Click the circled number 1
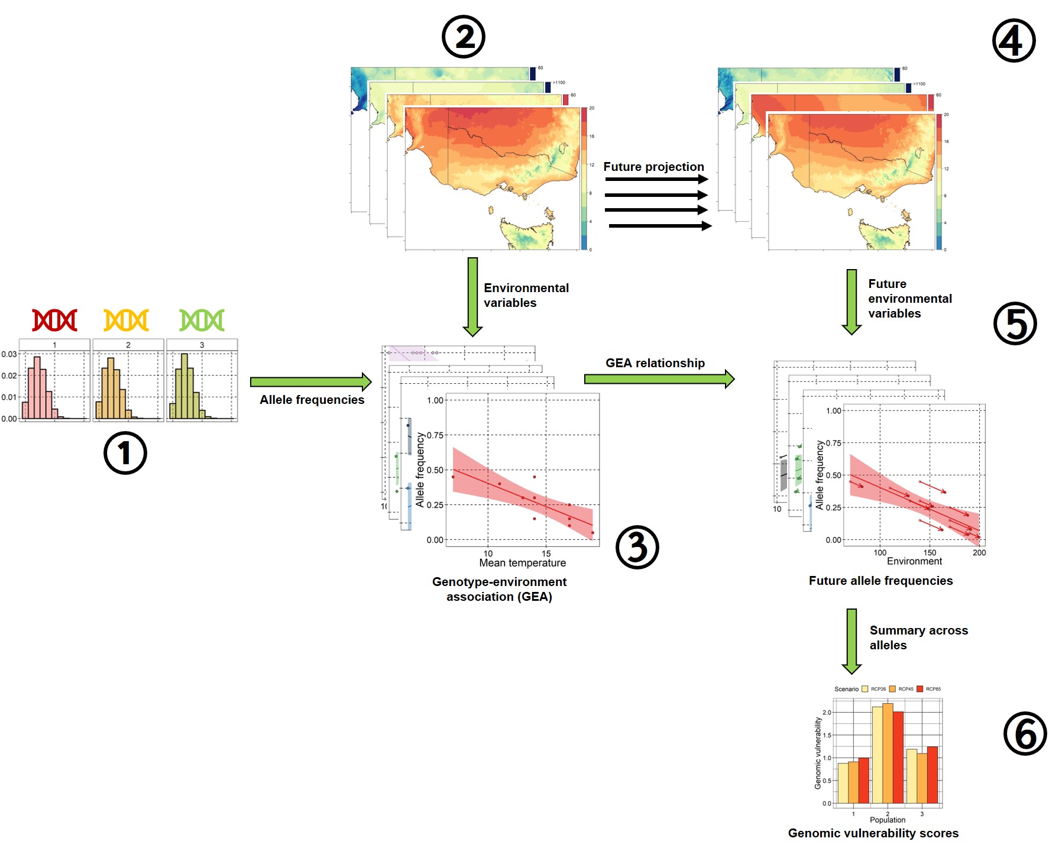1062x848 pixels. [x=125, y=453]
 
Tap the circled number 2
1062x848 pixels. [x=464, y=37]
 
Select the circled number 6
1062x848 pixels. [x=1025, y=733]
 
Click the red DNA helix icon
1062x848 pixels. [x=54, y=320]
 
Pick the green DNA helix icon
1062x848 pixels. [x=202, y=320]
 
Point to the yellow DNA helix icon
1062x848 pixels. [x=126, y=320]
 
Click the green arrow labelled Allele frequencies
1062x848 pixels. [x=310, y=382]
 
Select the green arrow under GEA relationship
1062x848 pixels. [x=659, y=378]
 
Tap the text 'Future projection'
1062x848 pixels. [x=653, y=167]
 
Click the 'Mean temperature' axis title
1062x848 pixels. [x=522, y=563]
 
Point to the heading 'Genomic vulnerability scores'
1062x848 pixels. [x=873, y=833]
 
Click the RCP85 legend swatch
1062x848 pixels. [x=919, y=689]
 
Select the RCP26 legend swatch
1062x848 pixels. [x=865, y=689]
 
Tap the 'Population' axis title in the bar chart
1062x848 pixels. [x=887, y=820]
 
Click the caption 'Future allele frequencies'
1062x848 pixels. [x=880, y=581]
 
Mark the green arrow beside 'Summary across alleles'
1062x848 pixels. [x=851, y=640]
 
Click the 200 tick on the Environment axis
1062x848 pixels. [x=979, y=552]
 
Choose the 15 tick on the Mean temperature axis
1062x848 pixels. [x=546, y=554]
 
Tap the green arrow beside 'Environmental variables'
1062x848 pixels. [x=472, y=296]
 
